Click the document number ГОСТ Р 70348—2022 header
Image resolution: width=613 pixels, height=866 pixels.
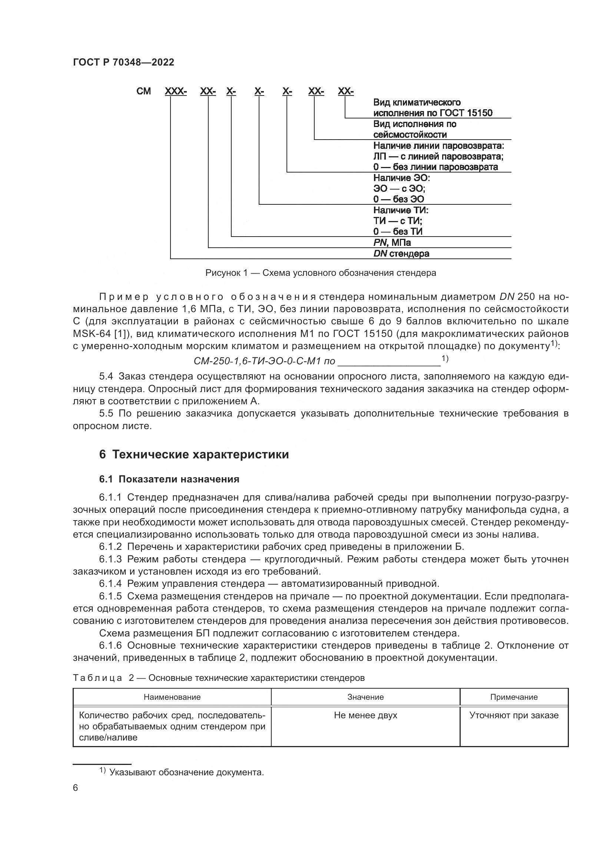(123, 63)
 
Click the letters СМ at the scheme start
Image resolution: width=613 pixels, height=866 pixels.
(143, 91)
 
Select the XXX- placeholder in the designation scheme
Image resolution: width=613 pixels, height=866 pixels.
(176, 91)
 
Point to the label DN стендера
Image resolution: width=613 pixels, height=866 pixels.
(401, 254)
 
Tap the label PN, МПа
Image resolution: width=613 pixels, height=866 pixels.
(392, 243)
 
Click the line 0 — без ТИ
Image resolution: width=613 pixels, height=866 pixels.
(398, 231)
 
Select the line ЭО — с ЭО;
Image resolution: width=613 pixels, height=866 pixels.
(400, 188)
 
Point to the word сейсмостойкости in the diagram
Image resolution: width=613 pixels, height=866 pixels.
(410, 135)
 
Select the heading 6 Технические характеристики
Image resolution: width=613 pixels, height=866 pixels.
(194, 455)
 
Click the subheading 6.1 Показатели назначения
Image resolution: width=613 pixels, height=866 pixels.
(169, 479)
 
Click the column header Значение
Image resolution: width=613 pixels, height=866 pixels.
(365, 697)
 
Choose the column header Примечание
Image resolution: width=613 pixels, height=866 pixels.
(514, 697)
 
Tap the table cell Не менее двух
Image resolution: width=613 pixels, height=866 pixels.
(365, 716)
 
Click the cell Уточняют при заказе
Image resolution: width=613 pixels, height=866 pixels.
(514, 716)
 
